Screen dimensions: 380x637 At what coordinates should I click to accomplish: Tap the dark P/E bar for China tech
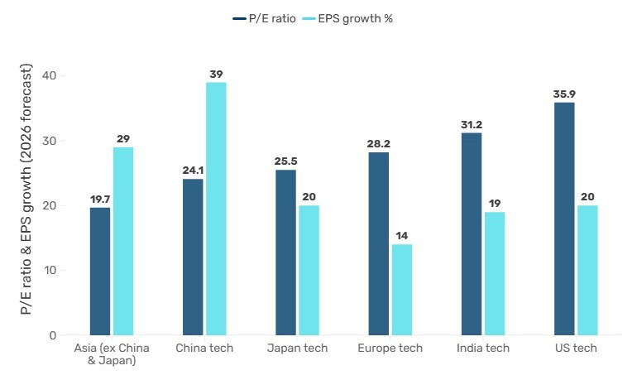pyautogui.click(x=192, y=257)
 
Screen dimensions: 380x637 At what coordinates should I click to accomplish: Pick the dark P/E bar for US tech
pyautogui.click(x=564, y=219)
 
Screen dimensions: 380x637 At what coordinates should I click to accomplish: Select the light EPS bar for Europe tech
pyautogui.click(x=401, y=290)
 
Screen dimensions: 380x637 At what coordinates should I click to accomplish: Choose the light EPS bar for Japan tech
pyautogui.click(x=309, y=270)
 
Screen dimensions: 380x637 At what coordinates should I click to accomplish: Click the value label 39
pyautogui.click(x=216, y=75)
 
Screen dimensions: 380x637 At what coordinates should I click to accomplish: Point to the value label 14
pyautogui.click(x=401, y=236)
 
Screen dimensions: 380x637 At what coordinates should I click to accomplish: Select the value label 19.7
pyautogui.click(x=99, y=200)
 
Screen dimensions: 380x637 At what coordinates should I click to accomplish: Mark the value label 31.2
pyautogui.click(x=472, y=125)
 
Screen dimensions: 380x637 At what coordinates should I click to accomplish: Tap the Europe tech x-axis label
pyautogui.click(x=390, y=348)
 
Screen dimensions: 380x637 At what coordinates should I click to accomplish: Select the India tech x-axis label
pyautogui.click(x=483, y=348)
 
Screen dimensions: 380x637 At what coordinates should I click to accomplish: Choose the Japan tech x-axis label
pyautogui.click(x=297, y=348)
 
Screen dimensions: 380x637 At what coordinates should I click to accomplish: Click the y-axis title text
pyautogui.click(x=26, y=190)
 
